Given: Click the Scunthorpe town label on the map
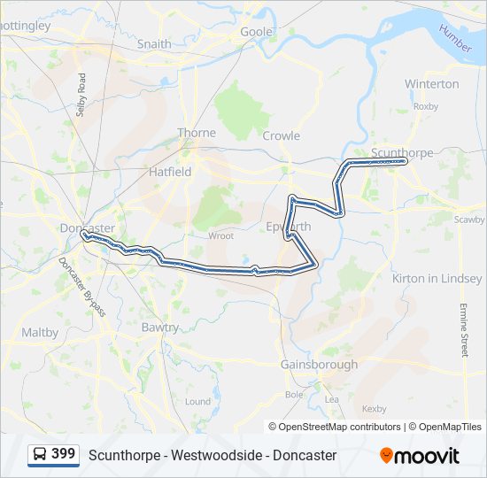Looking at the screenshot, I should [402, 152].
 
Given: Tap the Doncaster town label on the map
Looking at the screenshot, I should [87, 228].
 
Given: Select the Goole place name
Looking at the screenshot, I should [257, 32].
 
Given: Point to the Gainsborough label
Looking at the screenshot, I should [319, 365].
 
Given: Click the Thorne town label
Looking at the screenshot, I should [196, 133].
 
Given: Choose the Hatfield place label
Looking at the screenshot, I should [170, 172].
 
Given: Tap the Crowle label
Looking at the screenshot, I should [281, 136].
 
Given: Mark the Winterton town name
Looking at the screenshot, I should [431, 84].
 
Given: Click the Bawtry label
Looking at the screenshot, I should [159, 327].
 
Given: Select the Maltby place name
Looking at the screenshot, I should [40, 333].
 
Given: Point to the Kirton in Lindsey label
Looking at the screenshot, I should [437, 279].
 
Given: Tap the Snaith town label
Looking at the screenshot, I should [154, 43].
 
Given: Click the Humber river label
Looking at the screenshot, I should [455, 39].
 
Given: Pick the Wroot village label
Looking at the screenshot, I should [220, 236].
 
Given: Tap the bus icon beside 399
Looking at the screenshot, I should [40, 454].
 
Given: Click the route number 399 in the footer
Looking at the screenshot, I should [63, 454].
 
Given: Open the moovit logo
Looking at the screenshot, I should [420, 456].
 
